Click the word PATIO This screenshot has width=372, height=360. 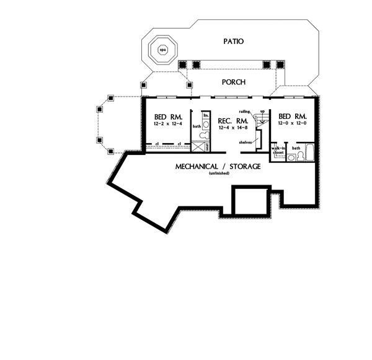[x=234, y=41]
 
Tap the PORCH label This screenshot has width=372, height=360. [x=234, y=82]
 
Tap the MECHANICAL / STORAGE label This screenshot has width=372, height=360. [x=218, y=166]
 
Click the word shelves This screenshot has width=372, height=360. [x=246, y=143]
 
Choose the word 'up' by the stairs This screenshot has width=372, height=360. [x=262, y=111]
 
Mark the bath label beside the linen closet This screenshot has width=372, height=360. [x=197, y=126]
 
